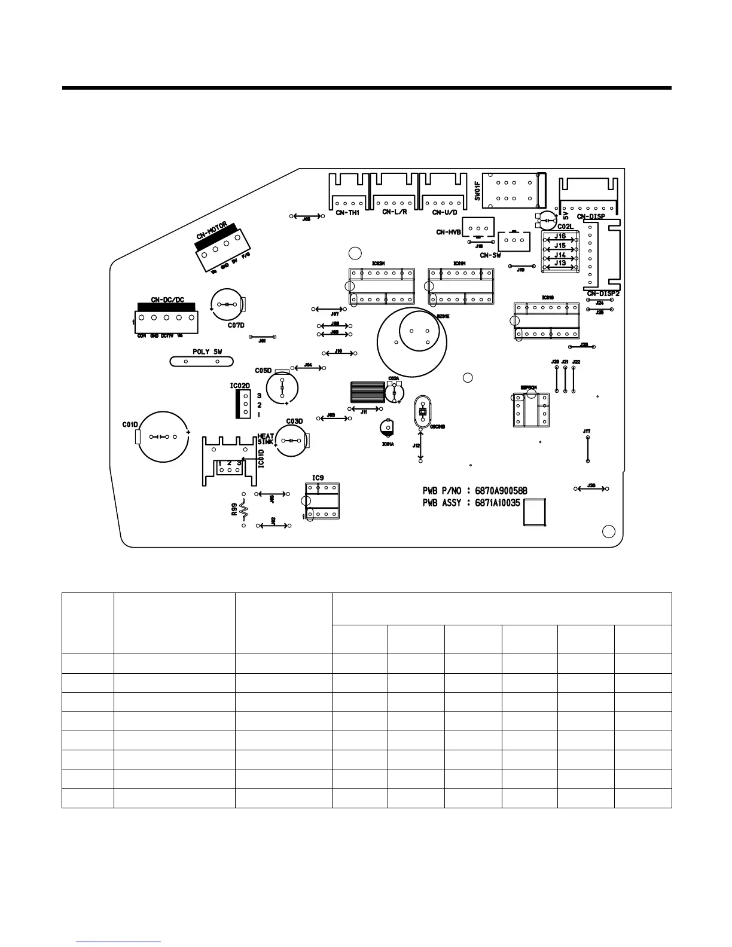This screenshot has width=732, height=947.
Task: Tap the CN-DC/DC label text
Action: [x=167, y=300]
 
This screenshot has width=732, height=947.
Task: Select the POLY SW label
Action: [x=207, y=352]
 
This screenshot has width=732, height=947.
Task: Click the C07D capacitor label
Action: [x=236, y=325]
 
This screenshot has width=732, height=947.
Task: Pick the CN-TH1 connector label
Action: [x=347, y=212]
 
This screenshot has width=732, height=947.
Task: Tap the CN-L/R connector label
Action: [x=395, y=212]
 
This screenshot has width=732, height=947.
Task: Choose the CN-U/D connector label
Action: [x=444, y=212]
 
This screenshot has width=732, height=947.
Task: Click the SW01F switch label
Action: [x=478, y=191]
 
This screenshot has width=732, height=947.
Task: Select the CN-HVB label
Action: [x=449, y=232]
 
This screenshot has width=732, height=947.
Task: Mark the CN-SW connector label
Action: [x=490, y=255]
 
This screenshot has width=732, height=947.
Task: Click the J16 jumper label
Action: [x=560, y=237]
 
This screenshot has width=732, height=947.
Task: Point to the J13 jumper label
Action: [x=560, y=262]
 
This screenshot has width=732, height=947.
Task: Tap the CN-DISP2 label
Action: [x=603, y=294]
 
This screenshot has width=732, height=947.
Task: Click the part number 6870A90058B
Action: [x=501, y=491]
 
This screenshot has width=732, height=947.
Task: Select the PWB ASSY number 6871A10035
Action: [x=498, y=503]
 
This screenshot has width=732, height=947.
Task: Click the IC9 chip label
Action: [x=318, y=478]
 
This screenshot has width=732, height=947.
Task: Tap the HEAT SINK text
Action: [x=266, y=439]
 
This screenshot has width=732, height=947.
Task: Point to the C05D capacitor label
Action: [x=263, y=371]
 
